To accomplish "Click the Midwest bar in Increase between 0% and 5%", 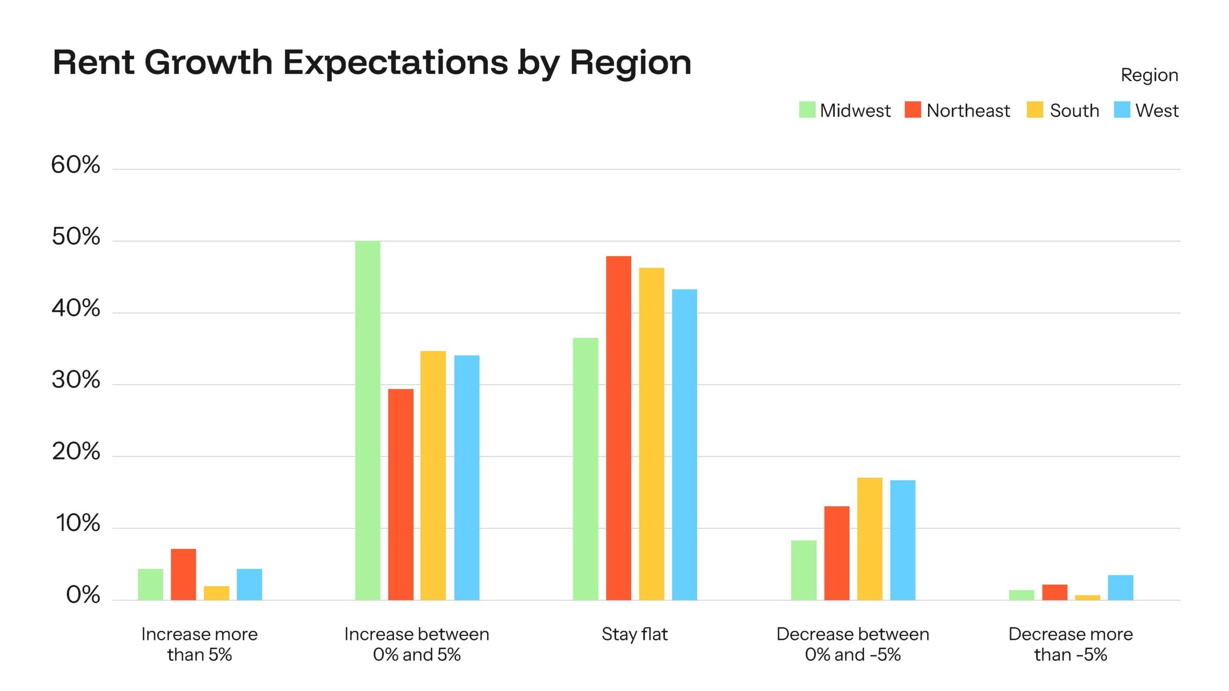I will tap(368, 420).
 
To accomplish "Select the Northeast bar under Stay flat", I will tap(618, 428).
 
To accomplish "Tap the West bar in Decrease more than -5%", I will tap(1121, 587).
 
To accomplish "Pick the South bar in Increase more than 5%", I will tap(217, 593).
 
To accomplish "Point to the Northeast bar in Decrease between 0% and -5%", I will tap(837, 553).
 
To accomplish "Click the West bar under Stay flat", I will tap(684, 444).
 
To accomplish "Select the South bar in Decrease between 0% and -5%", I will tap(869, 538).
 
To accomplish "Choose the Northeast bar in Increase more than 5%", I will tap(183, 574).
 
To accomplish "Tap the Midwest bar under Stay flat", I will tap(586, 469).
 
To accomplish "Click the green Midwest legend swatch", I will tap(807, 110).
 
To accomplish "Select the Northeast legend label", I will tap(968, 111).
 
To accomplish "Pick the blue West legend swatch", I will tap(1122, 110).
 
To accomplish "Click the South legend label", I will tap(1074, 111).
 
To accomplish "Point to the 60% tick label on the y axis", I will tap(76, 165).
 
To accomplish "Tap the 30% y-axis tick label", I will tap(76, 380).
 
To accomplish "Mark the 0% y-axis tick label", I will tap(83, 596).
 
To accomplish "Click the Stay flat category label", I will tap(634, 634).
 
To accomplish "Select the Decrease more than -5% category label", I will tap(1071, 644).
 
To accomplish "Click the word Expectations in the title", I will tap(396, 62).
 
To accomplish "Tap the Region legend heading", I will tap(1149, 75).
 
